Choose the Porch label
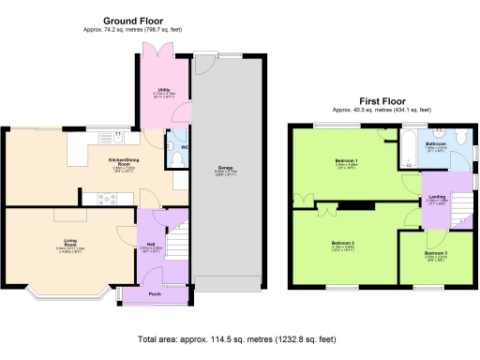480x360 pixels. (155, 294)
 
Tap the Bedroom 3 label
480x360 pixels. (435, 253)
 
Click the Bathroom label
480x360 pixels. (436, 143)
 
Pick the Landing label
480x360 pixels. (436, 196)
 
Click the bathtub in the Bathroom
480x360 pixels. (413, 148)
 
